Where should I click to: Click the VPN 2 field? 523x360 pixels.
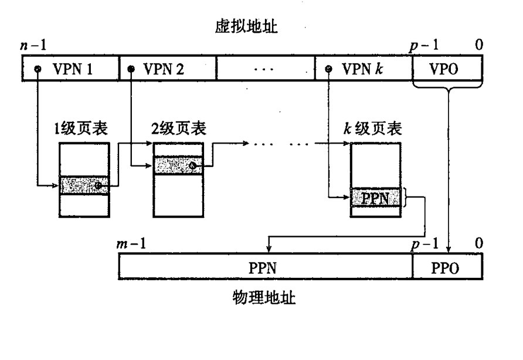point(167,69)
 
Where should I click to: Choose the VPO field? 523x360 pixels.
point(447,69)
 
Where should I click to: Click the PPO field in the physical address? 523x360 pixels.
point(447,268)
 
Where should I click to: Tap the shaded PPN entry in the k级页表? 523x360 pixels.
point(376,198)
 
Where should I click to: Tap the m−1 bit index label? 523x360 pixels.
point(131,243)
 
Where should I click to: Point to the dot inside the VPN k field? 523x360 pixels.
point(330,69)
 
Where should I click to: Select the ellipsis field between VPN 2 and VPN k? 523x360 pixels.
point(265,69)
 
